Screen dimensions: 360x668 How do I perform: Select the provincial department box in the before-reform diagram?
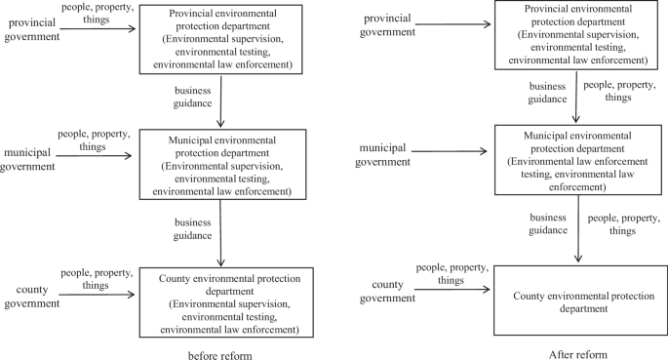click(223, 39)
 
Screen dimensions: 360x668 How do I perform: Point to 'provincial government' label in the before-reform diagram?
click(30, 29)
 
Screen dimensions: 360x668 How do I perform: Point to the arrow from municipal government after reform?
click(450, 152)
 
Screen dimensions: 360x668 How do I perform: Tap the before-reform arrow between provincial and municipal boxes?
click(224, 99)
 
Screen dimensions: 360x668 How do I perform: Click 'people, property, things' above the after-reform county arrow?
click(451, 272)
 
